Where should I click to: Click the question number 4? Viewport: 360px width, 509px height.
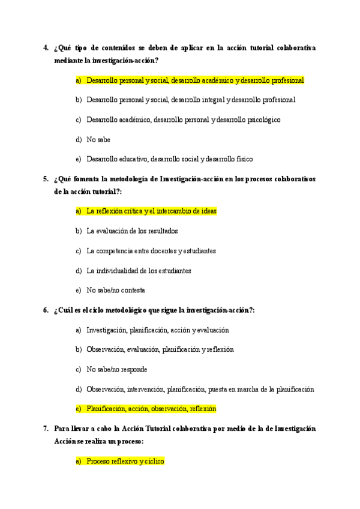pos(46,47)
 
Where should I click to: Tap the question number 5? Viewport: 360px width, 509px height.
pos(46,179)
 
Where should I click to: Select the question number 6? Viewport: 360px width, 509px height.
pos(46,310)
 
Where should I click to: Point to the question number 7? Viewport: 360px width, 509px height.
pos(46,429)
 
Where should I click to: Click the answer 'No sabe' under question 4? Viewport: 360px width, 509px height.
pos(98,139)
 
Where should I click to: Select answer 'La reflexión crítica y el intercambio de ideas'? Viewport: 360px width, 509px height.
pos(151,211)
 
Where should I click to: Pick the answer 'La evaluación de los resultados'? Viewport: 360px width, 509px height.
pos(132,231)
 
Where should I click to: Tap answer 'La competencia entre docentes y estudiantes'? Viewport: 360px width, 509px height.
pos(151,251)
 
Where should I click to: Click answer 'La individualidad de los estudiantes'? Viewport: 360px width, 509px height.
pos(139,271)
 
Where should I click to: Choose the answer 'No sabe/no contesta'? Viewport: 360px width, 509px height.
pos(116,291)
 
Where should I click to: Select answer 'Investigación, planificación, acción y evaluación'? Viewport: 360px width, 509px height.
pos(157,330)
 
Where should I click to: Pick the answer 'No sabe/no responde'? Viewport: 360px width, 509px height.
pos(117,370)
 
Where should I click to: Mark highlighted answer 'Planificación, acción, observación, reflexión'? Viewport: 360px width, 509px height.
pos(151,409)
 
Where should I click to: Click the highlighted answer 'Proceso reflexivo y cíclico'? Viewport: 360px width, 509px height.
pos(125,462)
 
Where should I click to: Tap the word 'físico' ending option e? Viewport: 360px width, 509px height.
pos(244,159)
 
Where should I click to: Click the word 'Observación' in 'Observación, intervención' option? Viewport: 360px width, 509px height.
pos(105,390)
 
